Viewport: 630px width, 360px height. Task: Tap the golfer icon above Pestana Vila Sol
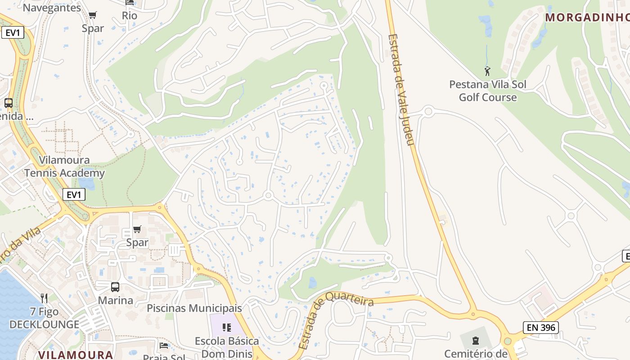coord(487,71)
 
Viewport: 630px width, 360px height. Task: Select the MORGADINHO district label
coord(587,18)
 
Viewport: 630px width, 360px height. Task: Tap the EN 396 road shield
coord(541,328)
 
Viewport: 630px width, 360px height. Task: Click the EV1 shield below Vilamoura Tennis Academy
coord(74,194)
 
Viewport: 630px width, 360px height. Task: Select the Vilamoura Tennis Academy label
coord(64,166)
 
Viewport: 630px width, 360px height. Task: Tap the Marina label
coord(116,300)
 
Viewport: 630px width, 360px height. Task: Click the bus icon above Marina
coord(115,287)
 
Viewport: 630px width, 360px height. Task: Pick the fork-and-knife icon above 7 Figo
coord(44,298)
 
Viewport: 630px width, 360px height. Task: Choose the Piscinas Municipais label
coord(194,308)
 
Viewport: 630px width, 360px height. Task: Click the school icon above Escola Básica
coord(226,327)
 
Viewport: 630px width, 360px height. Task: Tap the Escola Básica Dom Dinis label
coord(226,347)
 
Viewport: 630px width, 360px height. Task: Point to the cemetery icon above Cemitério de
coord(476,340)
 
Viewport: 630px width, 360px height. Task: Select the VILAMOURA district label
coord(76,355)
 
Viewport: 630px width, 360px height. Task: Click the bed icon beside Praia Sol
coord(164,346)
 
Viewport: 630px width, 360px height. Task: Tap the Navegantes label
coord(52,8)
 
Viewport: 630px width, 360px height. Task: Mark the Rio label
coord(130,16)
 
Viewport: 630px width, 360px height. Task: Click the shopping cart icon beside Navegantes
coord(93,15)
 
